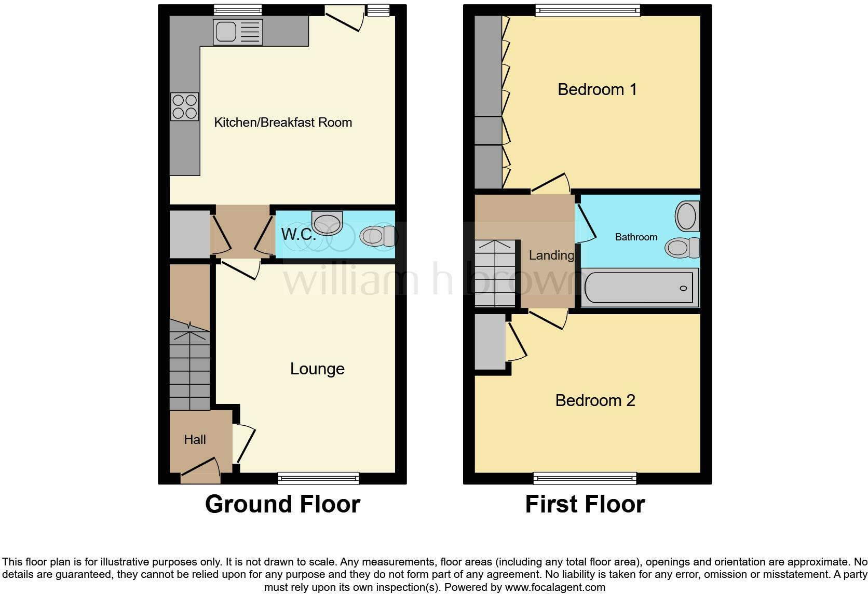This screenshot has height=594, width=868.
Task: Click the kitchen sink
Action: (x=238, y=32)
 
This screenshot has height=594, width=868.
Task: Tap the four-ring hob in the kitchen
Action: (x=185, y=106)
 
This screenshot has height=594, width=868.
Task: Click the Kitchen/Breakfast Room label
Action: (x=283, y=123)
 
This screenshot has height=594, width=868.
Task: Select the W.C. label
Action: (x=299, y=234)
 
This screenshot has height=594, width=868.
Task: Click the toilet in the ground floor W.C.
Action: (x=377, y=236)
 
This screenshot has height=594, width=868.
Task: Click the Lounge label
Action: (x=317, y=369)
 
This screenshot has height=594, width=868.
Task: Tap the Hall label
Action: (x=195, y=439)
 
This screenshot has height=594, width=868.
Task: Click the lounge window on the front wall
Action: (x=319, y=479)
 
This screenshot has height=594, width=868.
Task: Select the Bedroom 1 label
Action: (x=597, y=89)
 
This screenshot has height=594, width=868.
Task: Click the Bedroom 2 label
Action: (x=595, y=400)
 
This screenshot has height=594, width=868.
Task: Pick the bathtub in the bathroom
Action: (x=639, y=288)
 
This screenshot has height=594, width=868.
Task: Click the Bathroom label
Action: (x=636, y=237)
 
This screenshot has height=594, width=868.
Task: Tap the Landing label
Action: (x=551, y=255)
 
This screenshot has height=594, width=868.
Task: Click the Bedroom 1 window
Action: (x=588, y=10)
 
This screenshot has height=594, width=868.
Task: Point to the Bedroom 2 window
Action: (x=585, y=479)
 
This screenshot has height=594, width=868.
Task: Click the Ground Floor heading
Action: (x=282, y=504)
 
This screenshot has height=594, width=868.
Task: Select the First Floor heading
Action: (x=585, y=504)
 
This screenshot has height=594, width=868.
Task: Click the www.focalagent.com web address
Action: (x=555, y=587)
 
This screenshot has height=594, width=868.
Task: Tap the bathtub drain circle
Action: (x=683, y=288)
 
